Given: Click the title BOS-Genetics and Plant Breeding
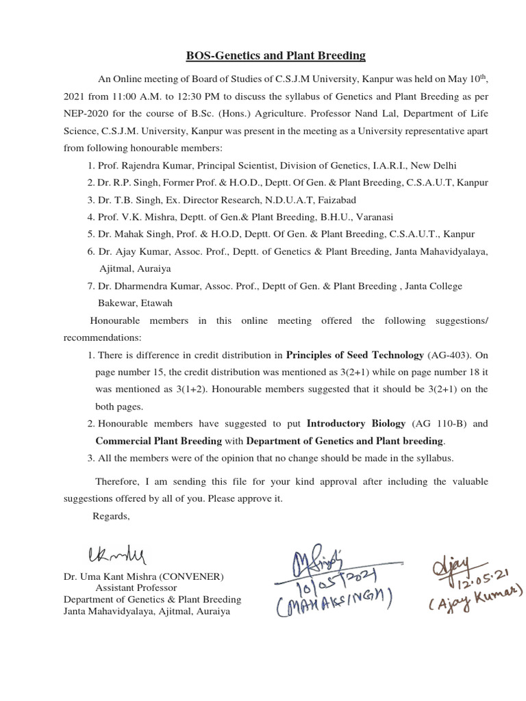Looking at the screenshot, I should pos(267,56).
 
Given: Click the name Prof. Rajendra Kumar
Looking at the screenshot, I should pos(139,166).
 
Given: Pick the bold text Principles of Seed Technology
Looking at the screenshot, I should pos(355,355).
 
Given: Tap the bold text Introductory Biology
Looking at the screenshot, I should pos(357,424).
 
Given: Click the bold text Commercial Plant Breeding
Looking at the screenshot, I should pos(159,441).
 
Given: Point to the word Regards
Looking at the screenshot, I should pos(111,515).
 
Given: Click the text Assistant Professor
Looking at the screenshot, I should pos(136,587).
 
